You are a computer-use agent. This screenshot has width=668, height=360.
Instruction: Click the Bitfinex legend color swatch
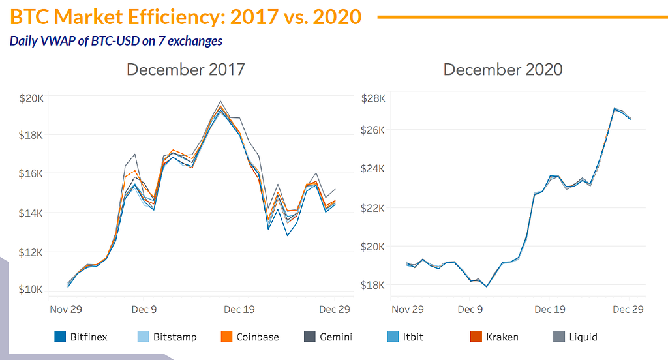pyautogui.click(x=61, y=337)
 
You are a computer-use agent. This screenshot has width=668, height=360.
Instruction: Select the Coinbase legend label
pyautogui.click(x=258, y=337)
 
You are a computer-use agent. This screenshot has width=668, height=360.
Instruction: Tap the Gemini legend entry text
pyautogui.click(x=336, y=337)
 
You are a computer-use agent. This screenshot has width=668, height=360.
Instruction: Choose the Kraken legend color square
pyautogui.click(x=476, y=337)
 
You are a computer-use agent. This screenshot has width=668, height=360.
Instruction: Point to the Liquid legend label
pyautogui.click(x=583, y=337)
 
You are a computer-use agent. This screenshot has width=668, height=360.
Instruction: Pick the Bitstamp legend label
pyautogui.click(x=175, y=337)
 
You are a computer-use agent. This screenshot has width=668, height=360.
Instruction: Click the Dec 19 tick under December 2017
pyautogui.click(x=239, y=309)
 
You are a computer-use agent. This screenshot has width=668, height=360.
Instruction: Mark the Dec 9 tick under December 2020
pyautogui.click(x=469, y=309)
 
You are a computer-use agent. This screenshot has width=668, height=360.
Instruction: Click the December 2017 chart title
pyautogui.click(x=186, y=69)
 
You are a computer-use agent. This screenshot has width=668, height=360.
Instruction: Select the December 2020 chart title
pyautogui.click(x=503, y=69)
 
